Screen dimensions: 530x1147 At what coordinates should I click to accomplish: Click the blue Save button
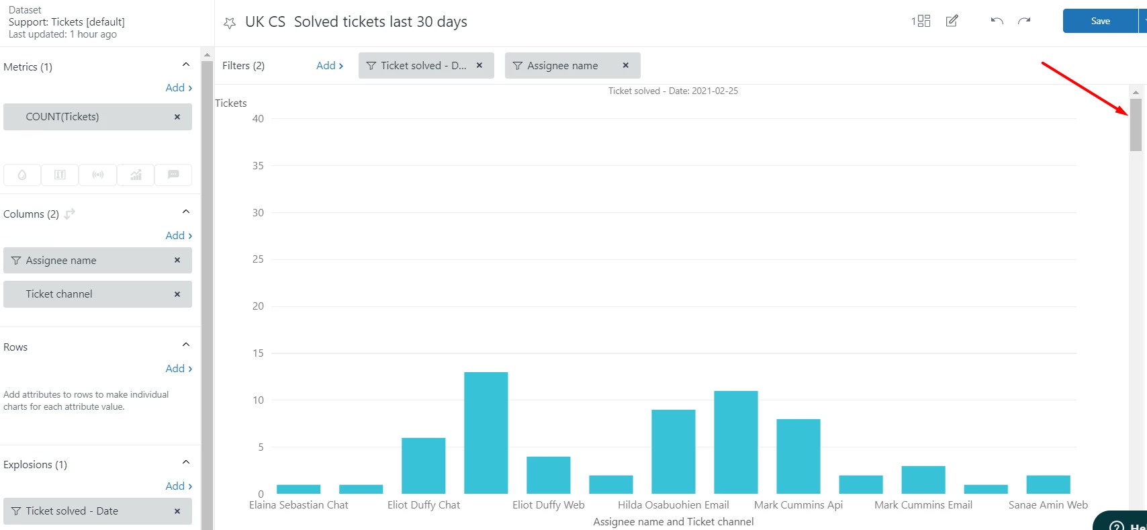click(1099, 21)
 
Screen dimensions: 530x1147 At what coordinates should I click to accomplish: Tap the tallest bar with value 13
click(486, 433)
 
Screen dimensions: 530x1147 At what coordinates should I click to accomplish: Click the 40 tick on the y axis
click(258, 119)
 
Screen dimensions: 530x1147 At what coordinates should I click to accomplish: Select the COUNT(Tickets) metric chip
click(62, 117)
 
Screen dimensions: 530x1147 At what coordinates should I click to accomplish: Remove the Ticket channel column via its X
click(177, 294)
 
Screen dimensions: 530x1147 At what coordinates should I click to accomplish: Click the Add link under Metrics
click(178, 88)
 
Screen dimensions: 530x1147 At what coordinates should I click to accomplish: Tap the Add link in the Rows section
click(178, 369)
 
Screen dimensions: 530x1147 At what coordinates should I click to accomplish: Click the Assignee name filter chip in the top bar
click(562, 66)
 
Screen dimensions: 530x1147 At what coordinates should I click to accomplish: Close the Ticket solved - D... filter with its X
click(479, 66)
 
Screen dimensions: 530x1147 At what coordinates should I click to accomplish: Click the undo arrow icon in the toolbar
click(997, 21)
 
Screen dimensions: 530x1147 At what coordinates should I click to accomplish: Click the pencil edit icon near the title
click(952, 21)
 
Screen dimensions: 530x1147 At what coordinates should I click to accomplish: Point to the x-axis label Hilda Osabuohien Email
click(673, 505)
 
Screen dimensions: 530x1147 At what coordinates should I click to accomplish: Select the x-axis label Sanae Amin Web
click(1048, 505)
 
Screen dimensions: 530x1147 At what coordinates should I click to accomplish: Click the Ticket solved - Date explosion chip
click(72, 511)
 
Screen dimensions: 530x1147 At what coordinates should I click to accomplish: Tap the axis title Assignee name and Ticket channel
click(673, 522)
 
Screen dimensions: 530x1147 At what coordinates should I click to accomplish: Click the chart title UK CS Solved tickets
click(356, 22)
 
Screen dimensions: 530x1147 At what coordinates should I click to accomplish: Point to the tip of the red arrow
click(1128, 115)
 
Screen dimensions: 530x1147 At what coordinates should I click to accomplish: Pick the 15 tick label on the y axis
click(258, 353)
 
